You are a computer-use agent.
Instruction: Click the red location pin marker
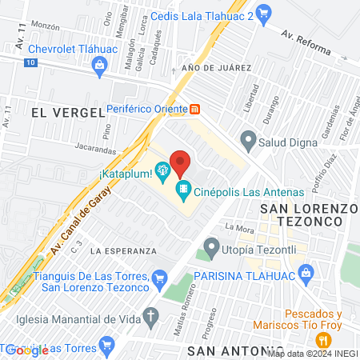pos(180,162)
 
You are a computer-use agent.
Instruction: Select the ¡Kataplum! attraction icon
pos(162,170)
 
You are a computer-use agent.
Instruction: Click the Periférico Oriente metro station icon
pos(194,109)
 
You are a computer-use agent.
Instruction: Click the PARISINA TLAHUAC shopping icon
pos(306,273)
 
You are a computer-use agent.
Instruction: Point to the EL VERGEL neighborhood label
pos(68,113)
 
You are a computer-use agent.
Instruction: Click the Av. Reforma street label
pos(305,43)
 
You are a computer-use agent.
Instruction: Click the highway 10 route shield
pos(30,62)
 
